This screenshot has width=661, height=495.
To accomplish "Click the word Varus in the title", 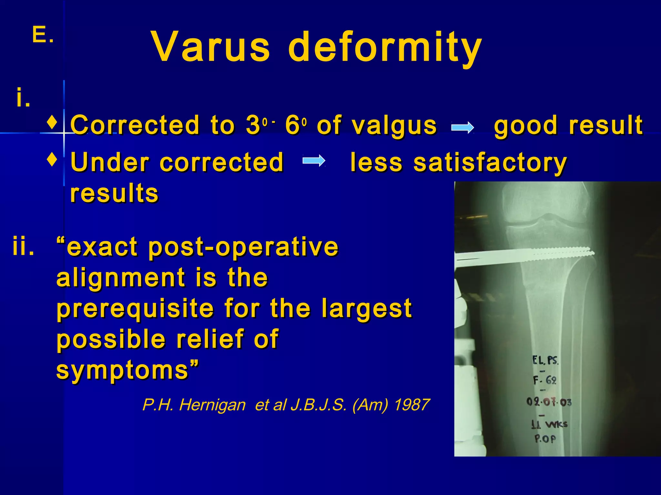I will [x=210, y=47].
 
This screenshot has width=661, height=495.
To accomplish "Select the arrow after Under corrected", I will [x=314, y=160].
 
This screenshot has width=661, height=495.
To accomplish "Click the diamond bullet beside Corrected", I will [x=52, y=123].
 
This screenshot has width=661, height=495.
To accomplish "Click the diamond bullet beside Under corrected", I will [x=52, y=159].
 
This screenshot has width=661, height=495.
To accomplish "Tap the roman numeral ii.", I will [x=23, y=247].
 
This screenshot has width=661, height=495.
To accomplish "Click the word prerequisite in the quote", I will [x=135, y=309].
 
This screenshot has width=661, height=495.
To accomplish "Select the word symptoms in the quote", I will [x=123, y=370].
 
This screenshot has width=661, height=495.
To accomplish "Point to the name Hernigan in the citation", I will [x=212, y=405].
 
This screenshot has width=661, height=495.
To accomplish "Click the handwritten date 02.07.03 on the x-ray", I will [x=549, y=402].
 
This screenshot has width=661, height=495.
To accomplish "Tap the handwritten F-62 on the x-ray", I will [x=545, y=380].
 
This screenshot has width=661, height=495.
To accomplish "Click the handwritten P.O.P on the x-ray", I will [x=545, y=439].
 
